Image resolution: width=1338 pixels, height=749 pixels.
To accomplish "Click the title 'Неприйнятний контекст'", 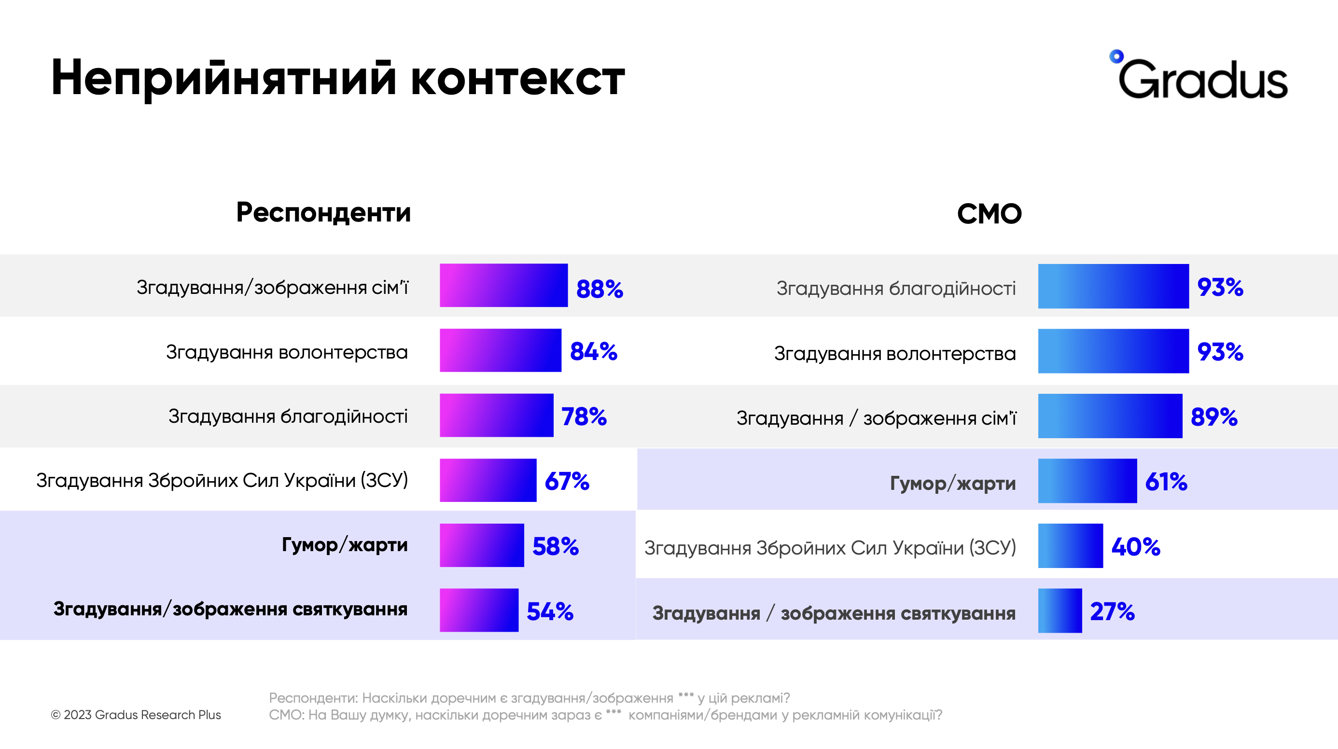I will (337, 78).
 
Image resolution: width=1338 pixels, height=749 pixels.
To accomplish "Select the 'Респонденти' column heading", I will (323, 212).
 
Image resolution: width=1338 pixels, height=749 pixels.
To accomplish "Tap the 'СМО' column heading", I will (989, 213).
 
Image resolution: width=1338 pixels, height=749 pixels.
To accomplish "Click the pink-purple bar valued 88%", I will (503, 285).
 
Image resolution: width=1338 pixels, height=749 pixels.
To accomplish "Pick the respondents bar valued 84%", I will (500, 350).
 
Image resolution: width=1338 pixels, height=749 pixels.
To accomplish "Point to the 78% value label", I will (584, 416).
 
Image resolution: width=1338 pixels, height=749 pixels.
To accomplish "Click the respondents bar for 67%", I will (488, 480).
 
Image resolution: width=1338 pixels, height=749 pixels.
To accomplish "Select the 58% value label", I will (555, 546).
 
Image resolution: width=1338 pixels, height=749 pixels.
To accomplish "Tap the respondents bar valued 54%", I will (479, 610).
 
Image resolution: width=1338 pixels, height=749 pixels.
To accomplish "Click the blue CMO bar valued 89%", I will (1110, 416).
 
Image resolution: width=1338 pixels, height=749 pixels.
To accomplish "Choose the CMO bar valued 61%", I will (1087, 481).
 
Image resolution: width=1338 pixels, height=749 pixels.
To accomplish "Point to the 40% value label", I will (1135, 546).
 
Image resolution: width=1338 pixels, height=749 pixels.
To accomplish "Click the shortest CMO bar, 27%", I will (1059, 610).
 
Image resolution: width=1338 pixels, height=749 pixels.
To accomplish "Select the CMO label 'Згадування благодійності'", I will (896, 288).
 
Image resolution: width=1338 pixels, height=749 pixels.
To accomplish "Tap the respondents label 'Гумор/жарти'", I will (344, 544).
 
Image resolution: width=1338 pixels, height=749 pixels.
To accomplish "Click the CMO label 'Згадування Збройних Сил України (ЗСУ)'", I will (830, 547).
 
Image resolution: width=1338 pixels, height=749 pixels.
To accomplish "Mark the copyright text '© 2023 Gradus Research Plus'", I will (136, 715).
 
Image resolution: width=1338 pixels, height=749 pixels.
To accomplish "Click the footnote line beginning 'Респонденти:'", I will (529, 697).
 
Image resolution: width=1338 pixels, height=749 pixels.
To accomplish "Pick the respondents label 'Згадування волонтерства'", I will (287, 352).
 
